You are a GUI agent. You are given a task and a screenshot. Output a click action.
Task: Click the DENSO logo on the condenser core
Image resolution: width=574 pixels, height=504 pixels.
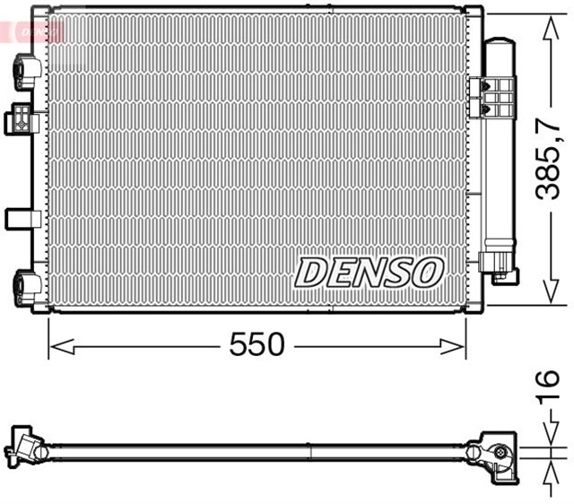[x=369, y=272]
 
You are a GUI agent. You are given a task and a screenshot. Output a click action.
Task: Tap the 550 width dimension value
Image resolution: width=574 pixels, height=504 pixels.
[x=257, y=344]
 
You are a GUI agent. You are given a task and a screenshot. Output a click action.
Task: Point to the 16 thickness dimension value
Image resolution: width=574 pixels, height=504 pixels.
[x=549, y=388]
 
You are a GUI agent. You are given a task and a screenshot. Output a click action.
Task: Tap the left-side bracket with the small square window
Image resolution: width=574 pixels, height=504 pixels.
[x=20, y=118]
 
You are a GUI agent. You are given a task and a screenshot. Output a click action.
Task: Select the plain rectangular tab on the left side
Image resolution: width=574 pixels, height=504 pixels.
[x=20, y=218]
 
